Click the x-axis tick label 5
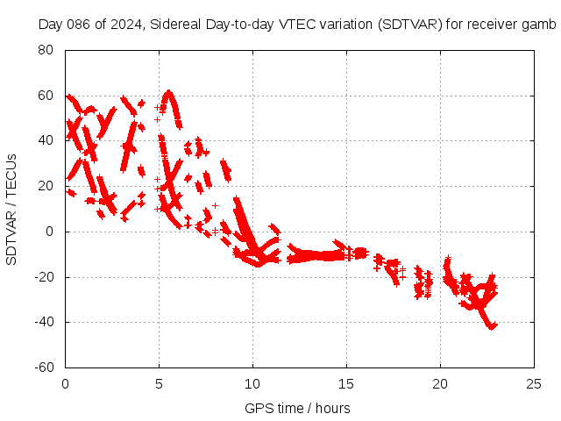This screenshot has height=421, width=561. [x=159, y=383]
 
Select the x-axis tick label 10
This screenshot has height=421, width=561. [x=252, y=383]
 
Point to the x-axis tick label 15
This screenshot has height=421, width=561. [x=346, y=383]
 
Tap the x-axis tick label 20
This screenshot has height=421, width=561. [x=440, y=383]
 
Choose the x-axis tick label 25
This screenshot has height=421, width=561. [x=534, y=383]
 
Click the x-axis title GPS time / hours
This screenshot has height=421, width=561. [x=298, y=408]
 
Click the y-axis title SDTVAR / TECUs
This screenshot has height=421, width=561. [x=12, y=209]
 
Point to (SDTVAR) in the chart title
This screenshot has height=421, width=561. [x=409, y=24]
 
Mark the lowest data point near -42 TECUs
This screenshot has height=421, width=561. [x=492, y=326]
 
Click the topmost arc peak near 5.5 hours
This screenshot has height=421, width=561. [x=168, y=93]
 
